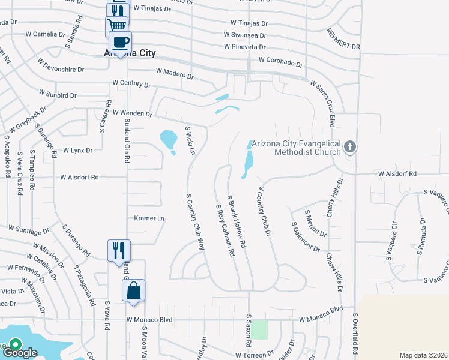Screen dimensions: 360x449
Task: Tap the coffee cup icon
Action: [119, 42]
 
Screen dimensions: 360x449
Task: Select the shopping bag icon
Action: [133, 290]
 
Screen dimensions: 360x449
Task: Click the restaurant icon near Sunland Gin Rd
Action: [119, 250]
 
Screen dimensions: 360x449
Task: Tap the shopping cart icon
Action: [116, 25]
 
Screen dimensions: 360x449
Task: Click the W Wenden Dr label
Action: [129, 113]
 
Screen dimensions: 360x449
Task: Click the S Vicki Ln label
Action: [190, 140]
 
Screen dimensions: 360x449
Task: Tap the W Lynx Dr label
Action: [77, 151]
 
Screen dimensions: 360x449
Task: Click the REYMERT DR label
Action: [343, 38]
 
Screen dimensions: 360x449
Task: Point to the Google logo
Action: [23, 353]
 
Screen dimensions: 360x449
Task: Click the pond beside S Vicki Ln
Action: [169, 140]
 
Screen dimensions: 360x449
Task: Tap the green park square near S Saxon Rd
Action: [259, 329]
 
